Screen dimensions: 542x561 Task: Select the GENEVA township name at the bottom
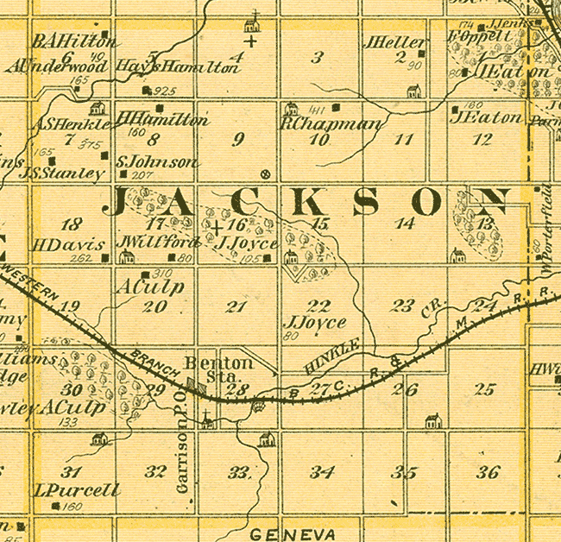(293, 531)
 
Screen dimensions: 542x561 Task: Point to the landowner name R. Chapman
(330, 124)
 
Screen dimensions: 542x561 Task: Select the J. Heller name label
(395, 42)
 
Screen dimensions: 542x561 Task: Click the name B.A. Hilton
(73, 41)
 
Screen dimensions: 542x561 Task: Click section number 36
(488, 472)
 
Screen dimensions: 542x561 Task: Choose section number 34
(322, 472)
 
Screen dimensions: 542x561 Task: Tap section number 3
(318, 58)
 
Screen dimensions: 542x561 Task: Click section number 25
(485, 389)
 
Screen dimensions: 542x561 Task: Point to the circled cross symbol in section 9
(265, 173)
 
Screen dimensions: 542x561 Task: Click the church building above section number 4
(252, 22)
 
